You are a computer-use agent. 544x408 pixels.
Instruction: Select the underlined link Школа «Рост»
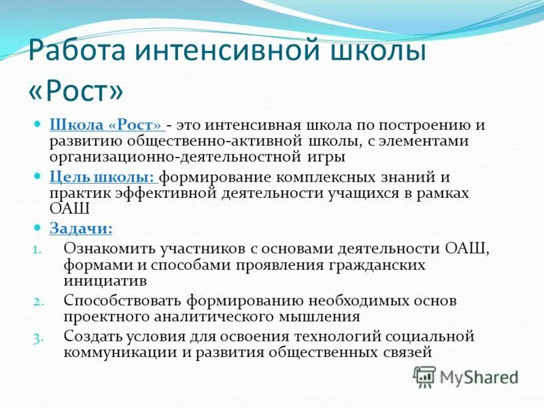tap(106, 126)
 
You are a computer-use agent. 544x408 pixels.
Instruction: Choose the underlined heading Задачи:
tap(81, 228)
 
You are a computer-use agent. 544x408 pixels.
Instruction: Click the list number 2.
tap(37, 301)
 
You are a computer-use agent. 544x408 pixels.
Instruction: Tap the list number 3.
tap(37, 337)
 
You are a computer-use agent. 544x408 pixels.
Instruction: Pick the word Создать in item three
tap(91, 336)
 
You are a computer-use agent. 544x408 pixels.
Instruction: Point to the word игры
tap(326, 157)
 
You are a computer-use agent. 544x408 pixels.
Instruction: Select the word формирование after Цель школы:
tap(216, 177)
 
